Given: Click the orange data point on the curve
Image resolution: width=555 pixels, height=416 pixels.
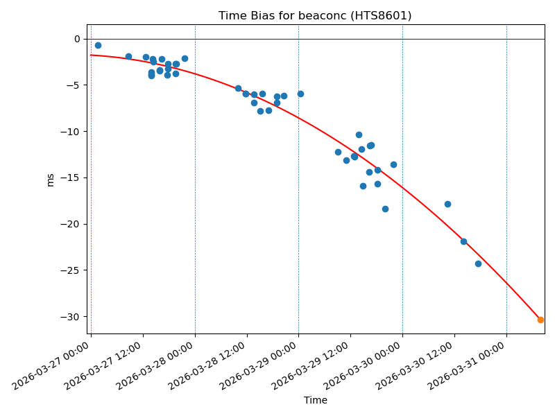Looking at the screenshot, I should (540, 320).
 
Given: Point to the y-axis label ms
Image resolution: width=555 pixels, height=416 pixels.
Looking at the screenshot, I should (50, 180).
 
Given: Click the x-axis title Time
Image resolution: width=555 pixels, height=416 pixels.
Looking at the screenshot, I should (315, 400).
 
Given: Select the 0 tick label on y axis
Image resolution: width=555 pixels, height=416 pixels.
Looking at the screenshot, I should (77, 39).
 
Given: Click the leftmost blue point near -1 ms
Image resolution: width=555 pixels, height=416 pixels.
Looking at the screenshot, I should (98, 45).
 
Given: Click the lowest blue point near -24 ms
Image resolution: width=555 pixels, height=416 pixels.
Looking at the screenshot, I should (478, 263).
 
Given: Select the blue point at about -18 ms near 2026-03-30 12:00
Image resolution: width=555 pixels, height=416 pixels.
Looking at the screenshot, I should (447, 204).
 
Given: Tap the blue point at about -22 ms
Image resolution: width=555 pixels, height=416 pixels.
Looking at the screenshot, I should (463, 241).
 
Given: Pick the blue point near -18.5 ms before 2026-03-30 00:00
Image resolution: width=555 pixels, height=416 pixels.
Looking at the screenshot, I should (385, 209).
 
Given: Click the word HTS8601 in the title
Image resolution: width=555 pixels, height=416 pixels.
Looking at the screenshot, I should (382, 16).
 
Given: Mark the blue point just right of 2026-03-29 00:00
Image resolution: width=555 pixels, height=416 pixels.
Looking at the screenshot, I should (300, 94).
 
